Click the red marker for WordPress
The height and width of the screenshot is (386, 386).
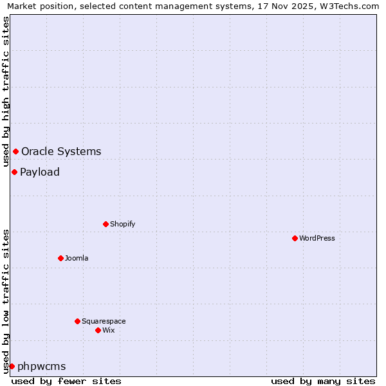click(295, 238)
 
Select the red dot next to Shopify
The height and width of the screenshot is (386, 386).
click(106, 224)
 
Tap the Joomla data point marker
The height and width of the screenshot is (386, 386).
click(60, 258)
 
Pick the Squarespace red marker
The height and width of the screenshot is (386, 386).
click(77, 321)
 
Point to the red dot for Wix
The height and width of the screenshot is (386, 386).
click(98, 330)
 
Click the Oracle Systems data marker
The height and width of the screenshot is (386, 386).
click(15, 151)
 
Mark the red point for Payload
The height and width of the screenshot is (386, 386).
click(14, 172)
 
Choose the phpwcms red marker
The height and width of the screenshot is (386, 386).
click(12, 366)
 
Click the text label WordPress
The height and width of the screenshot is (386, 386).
click(317, 238)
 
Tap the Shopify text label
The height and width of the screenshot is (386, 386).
click(122, 224)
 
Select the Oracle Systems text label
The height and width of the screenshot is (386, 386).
click(61, 152)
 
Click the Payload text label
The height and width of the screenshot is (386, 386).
click(40, 172)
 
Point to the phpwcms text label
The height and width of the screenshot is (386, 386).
click(42, 366)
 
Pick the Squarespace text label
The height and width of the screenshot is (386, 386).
click(104, 321)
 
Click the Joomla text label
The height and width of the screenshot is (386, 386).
click(77, 258)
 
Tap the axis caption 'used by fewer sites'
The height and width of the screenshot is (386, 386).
click(66, 381)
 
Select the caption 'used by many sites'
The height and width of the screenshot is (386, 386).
click(323, 381)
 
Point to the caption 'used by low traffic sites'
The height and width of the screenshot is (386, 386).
click(6, 300)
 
